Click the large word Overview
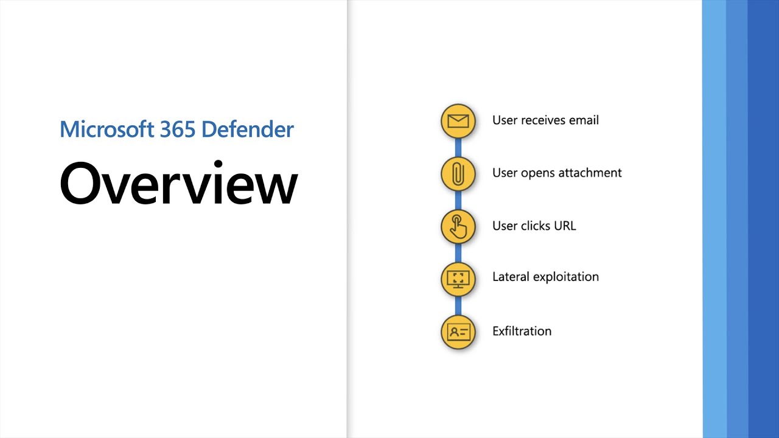click(178, 182)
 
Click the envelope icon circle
click(458, 120)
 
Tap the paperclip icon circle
click(458, 173)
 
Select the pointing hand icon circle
click(458, 226)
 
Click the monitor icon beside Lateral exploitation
click(458, 279)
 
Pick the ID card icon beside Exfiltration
click(458, 332)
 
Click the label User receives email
click(545, 120)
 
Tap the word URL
click(564, 226)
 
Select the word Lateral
click(511, 277)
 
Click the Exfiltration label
click(522, 332)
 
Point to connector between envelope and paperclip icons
click(458, 147)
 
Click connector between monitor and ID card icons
click(458, 305)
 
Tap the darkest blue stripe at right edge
click(763, 219)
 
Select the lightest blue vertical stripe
click(714, 219)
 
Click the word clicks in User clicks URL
click(534, 226)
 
